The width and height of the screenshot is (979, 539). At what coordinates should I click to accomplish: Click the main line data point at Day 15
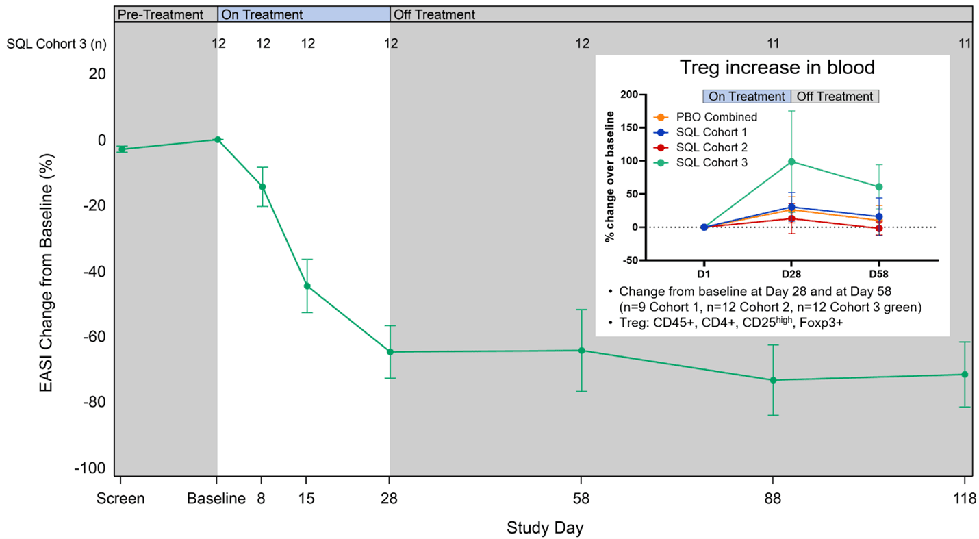(307, 286)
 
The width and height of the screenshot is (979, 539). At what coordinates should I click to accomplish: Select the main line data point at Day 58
(581, 351)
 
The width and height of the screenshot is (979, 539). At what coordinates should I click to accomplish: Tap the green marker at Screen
(122, 149)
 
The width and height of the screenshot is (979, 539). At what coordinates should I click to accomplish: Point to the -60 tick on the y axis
(95, 337)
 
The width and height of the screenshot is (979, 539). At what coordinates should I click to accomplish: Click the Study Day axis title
(545, 528)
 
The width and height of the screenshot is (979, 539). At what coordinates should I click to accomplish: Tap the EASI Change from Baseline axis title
(46, 271)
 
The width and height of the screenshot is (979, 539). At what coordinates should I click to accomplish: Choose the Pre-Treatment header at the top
(160, 14)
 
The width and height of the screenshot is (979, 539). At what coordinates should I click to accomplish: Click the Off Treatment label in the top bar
(434, 14)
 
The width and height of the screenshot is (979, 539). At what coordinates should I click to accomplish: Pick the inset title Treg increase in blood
(776, 68)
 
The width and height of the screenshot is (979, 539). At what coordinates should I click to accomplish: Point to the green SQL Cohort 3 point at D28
(791, 162)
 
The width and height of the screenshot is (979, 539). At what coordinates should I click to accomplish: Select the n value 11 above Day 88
(773, 44)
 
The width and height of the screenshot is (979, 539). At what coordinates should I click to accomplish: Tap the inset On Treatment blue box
(747, 97)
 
